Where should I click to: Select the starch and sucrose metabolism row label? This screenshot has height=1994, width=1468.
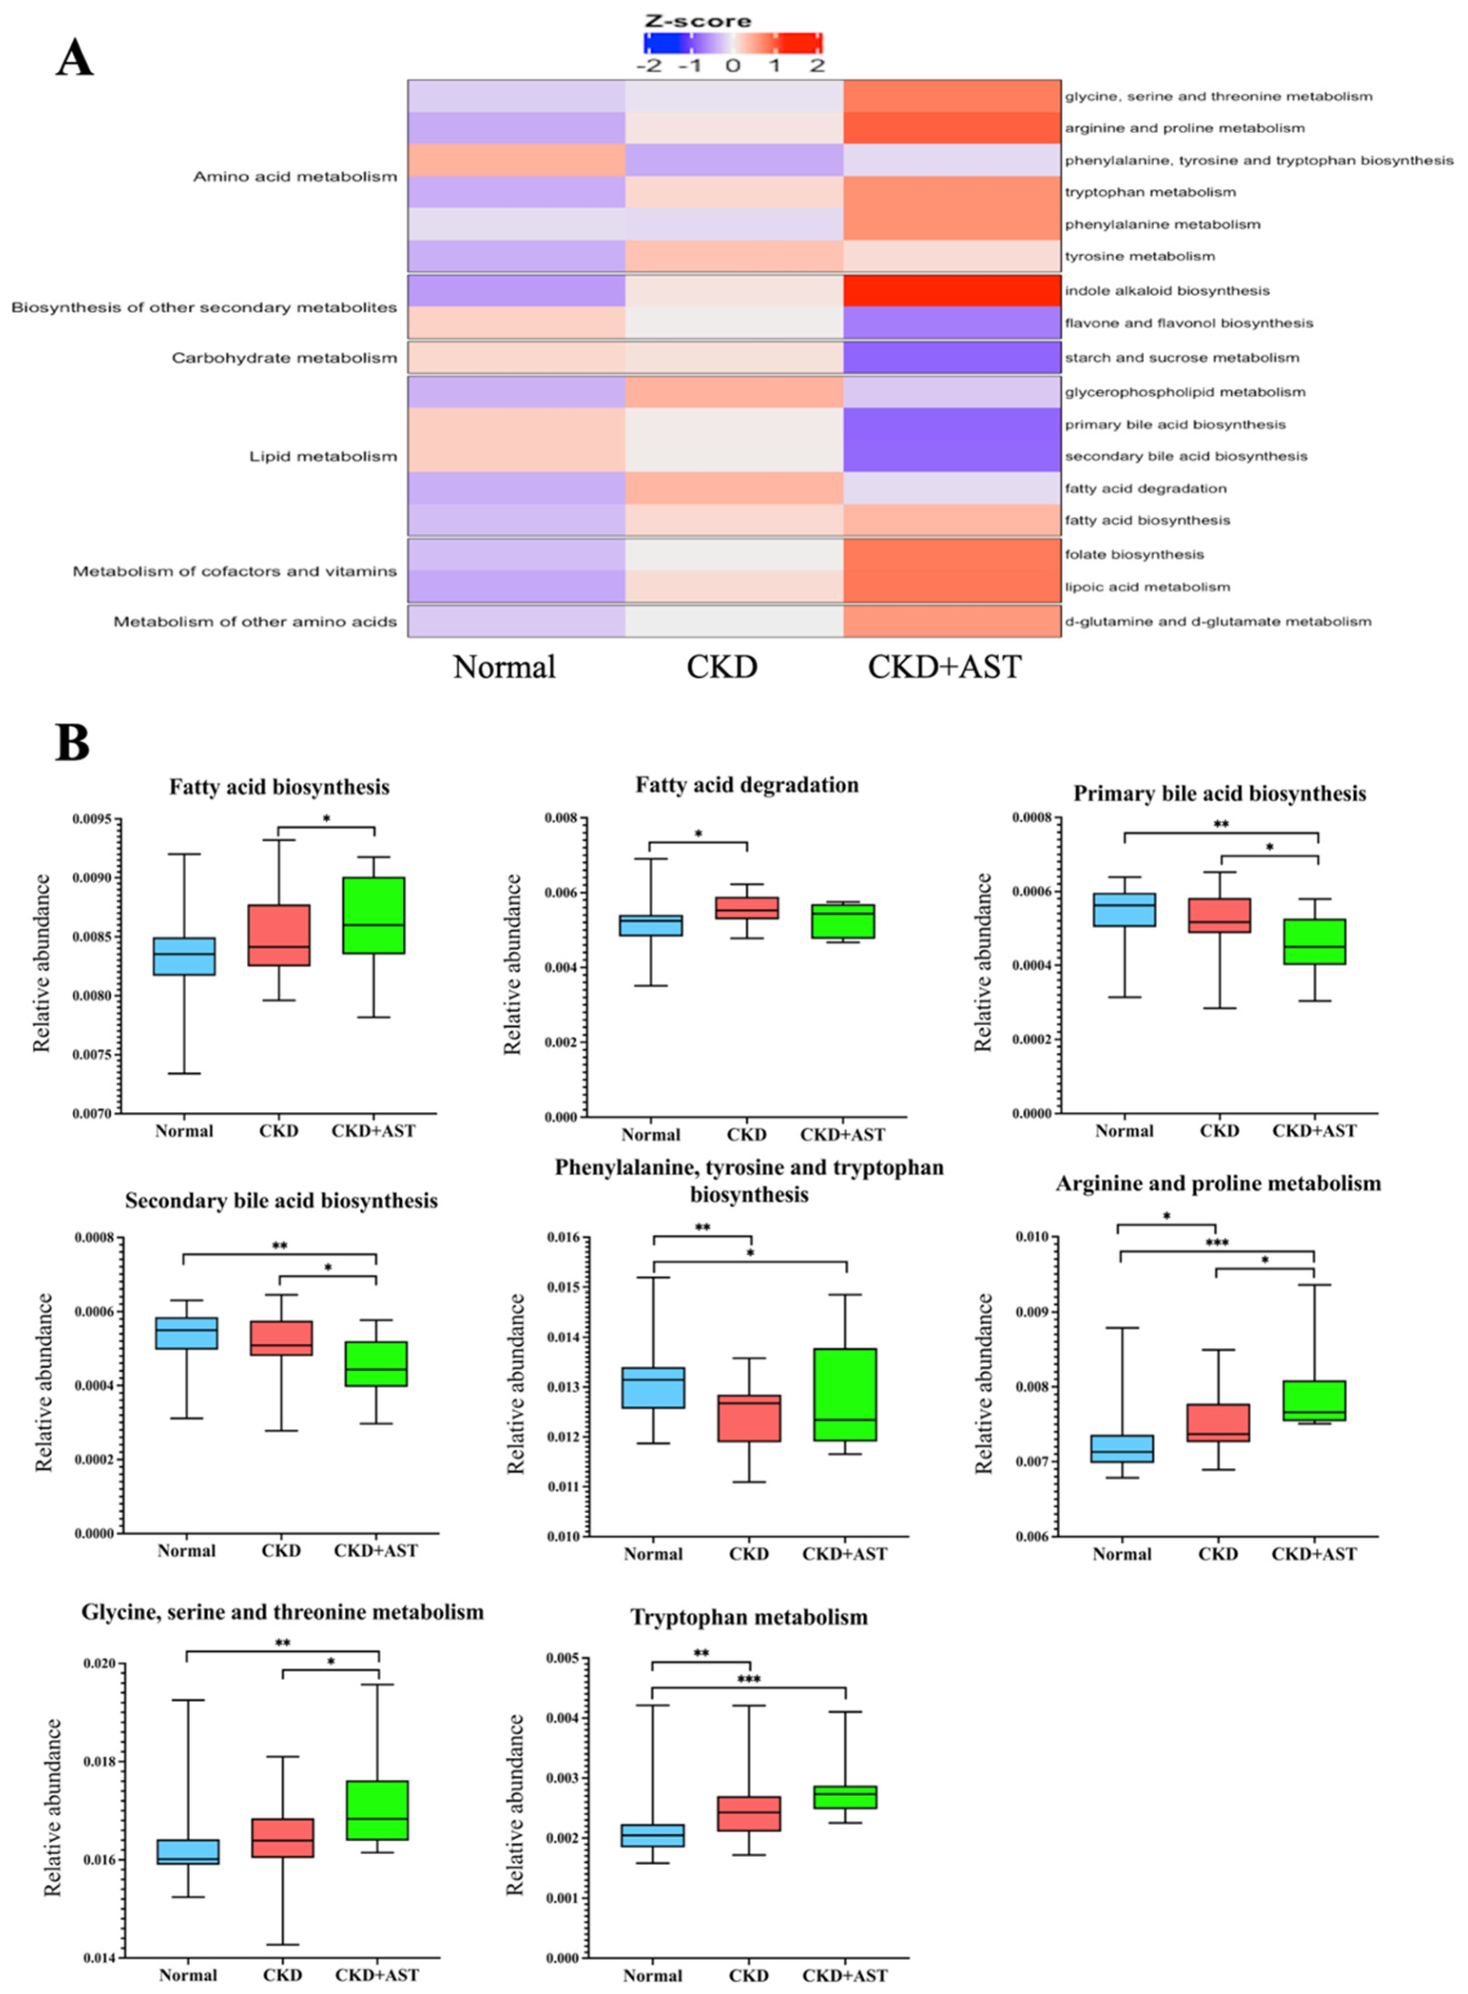[x=1182, y=358]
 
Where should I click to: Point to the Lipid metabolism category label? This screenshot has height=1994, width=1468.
[x=323, y=457]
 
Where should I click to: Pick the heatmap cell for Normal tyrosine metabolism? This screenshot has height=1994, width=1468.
[x=516, y=256]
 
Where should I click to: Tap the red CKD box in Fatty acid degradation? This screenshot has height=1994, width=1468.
[x=746, y=907]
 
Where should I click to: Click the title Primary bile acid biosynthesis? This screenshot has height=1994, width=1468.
[x=1219, y=793]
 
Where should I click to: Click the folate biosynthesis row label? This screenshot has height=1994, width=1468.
[x=1134, y=555]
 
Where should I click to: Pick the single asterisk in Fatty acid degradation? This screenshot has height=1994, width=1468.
[x=698, y=834]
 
